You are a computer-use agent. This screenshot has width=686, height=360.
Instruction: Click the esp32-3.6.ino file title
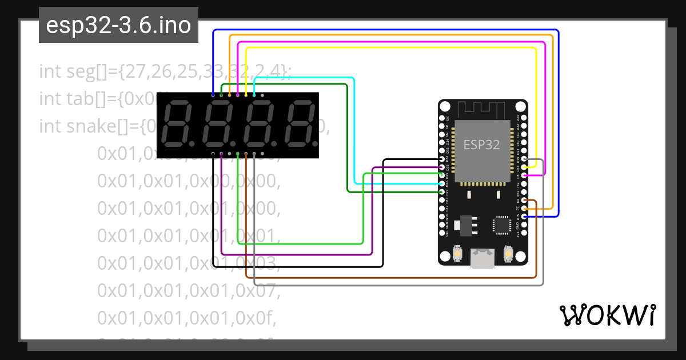pyautogui.click(x=118, y=26)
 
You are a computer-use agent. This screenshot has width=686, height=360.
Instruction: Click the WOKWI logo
pyautogui.click(x=607, y=315)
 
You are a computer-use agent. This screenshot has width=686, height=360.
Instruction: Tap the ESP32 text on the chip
pyautogui.click(x=481, y=145)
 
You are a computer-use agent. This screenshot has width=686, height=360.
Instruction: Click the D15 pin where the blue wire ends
pyautogui.click(x=524, y=217)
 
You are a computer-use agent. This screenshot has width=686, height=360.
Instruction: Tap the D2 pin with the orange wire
pyautogui.click(x=524, y=209)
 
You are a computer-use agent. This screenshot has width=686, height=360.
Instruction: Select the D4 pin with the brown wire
pyautogui.click(x=524, y=201)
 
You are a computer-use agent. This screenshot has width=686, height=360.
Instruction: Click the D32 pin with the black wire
pyautogui.click(x=441, y=159)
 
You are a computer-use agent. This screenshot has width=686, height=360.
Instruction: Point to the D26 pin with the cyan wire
pyautogui.click(x=441, y=184)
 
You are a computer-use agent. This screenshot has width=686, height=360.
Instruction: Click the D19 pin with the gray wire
pyautogui.click(x=524, y=159)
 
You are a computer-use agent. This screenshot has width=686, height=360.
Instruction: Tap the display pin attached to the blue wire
pyautogui.click(x=213, y=95)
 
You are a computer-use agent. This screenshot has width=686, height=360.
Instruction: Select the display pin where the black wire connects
pyautogui.click(x=213, y=154)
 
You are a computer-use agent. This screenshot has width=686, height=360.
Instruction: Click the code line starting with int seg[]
pyautogui.click(x=165, y=71)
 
